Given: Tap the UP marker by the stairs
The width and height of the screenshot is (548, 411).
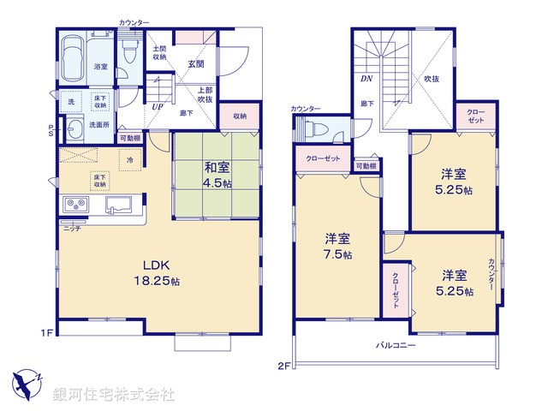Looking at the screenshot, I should [158, 107].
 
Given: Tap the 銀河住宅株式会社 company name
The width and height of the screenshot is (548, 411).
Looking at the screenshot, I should [114, 394].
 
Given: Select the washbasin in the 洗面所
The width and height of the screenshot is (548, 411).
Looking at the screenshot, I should [75, 129].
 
